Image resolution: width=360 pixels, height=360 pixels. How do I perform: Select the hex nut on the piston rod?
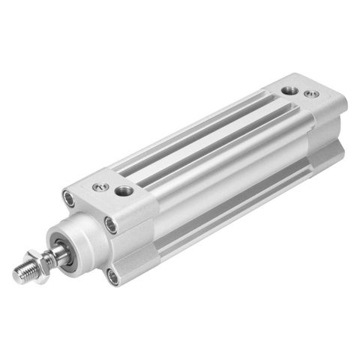(x=37, y=265)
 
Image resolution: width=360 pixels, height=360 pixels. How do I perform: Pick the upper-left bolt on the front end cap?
(x=70, y=199)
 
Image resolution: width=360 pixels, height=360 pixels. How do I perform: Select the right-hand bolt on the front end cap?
(x=110, y=223)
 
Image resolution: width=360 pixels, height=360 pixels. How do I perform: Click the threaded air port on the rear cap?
(x=289, y=91)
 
